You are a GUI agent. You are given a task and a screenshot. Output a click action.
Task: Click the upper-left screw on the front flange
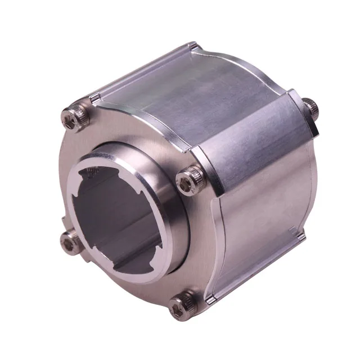tap(72, 119)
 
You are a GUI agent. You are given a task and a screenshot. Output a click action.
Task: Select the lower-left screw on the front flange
tap(71, 241)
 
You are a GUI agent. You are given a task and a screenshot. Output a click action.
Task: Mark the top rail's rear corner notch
tap(194, 48)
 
